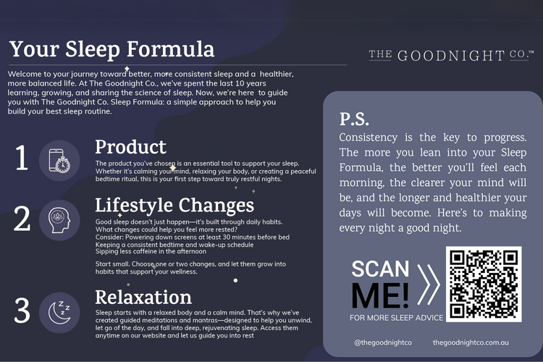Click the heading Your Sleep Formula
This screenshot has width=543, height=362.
click(111, 49)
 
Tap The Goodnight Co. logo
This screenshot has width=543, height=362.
click(451, 56)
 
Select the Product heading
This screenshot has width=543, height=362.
click(130, 147)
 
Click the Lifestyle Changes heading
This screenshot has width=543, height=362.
click(174, 205)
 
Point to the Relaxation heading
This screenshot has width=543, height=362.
click(143, 298)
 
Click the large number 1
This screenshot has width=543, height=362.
click(22, 158)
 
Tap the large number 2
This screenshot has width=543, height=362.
click(22, 219)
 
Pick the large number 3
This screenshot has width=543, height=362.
click(22, 311)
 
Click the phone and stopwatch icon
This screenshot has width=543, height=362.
click(59, 161)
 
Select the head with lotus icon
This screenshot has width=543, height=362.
click(59, 220)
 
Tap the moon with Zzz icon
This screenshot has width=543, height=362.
click(59, 313)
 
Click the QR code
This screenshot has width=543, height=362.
click(484, 284)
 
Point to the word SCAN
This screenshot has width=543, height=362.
click(380, 269)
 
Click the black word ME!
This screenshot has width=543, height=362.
click(380, 296)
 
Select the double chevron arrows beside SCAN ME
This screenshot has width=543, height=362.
click(429, 285)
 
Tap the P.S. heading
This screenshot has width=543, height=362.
click(354, 119)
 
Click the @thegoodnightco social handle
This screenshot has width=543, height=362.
click(383, 342)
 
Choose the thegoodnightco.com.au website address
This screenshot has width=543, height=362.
click(471, 342)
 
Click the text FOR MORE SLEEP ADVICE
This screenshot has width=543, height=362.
click(397, 318)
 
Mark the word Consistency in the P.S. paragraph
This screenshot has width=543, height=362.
click(368, 138)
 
